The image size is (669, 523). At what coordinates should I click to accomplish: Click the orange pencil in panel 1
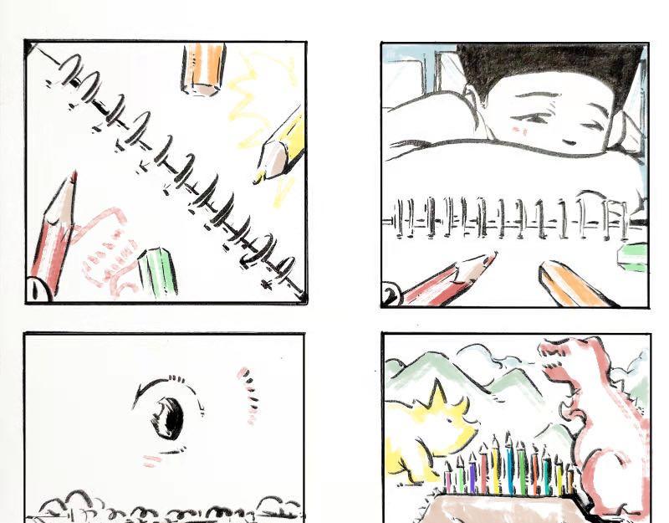203,69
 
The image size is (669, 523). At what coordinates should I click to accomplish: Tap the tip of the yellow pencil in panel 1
258,181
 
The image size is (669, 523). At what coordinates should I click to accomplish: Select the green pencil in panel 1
158,271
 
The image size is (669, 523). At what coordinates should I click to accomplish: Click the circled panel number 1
38,290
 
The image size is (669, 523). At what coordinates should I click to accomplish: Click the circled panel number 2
391,294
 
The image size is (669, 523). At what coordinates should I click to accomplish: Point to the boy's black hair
550,64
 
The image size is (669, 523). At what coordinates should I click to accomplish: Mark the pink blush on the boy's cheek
519,130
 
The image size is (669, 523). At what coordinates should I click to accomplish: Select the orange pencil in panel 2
576,284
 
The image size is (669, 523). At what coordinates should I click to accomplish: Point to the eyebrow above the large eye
166,384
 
